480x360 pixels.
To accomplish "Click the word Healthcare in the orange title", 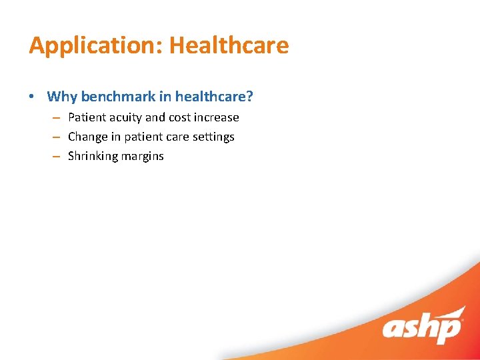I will [229, 45].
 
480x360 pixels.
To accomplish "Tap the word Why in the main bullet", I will [62, 97].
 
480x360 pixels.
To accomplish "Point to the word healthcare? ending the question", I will [214, 97].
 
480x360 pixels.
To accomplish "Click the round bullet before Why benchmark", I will [33, 97].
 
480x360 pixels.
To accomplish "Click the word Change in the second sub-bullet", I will [87, 137].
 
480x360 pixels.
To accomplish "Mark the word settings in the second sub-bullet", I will [213, 137].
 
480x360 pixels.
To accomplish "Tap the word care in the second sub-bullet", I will [177, 137].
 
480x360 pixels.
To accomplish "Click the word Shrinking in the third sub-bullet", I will [93, 156].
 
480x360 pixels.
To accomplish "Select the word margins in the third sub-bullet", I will [142, 156].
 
